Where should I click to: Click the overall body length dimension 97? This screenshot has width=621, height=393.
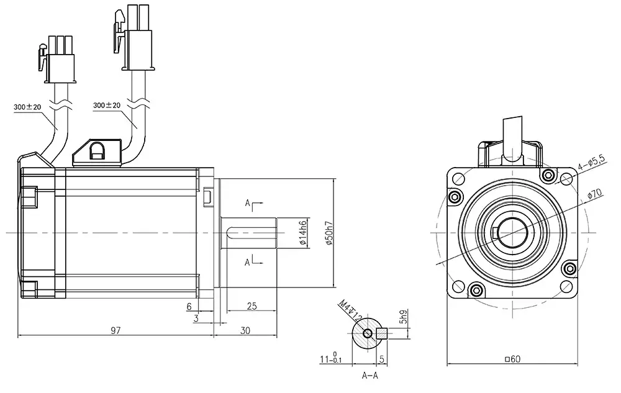click(116, 331)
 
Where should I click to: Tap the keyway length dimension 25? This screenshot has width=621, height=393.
click(252, 306)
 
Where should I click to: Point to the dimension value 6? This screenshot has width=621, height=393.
click(189, 306)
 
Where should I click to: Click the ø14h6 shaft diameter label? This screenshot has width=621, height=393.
click(302, 233)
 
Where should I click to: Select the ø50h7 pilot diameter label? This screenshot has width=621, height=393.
click(329, 233)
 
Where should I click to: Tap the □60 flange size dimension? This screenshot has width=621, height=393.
click(512, 359)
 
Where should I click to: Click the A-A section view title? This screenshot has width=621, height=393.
click(371, 375)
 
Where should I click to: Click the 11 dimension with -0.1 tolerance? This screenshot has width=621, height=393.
click(329, 358)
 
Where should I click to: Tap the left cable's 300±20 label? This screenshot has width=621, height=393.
click(27, 107)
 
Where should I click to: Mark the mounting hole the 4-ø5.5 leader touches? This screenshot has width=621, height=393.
click(566, 179)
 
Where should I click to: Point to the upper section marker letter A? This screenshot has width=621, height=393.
click(247, 203)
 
